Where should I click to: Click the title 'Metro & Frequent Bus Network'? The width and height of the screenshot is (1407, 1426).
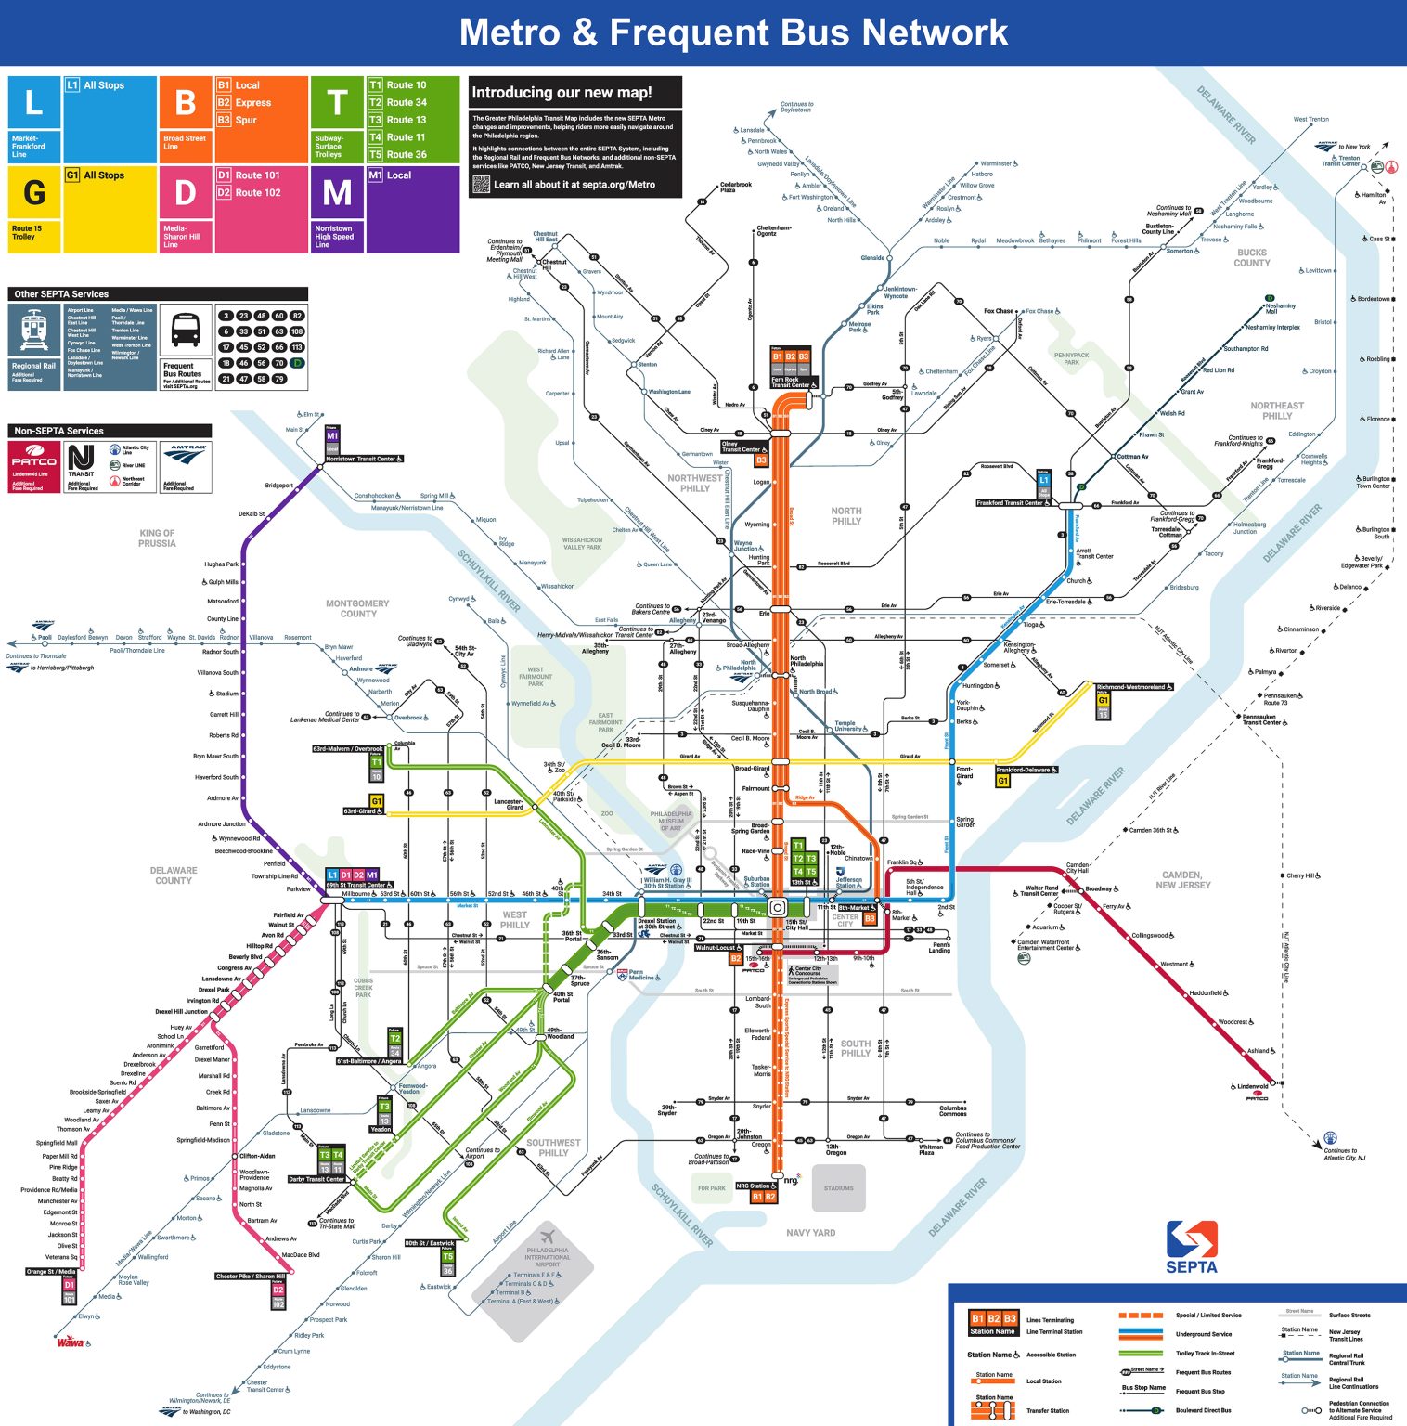[733, 32]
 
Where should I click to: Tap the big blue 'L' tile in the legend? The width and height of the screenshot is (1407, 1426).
[34, 103]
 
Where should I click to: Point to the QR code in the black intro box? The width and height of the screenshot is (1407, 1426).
[481, 184]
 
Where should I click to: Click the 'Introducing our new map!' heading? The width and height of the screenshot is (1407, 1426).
[562, 92]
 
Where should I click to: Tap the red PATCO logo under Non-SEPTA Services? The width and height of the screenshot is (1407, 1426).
[34, 461]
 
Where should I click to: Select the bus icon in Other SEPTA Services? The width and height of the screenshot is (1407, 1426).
[186, 329]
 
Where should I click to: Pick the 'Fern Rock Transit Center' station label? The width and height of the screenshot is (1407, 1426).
[793, 382]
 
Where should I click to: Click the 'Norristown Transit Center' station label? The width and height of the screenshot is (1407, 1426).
[364, 459]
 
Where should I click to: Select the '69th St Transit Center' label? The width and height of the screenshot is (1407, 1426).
[358, 885]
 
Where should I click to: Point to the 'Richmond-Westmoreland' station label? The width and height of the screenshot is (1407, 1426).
[1133, 687]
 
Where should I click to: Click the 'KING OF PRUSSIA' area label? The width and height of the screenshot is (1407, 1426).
[157, 538]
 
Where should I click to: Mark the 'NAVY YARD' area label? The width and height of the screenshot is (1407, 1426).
[810, 1233]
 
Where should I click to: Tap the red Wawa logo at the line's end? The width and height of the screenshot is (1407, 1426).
[71, 1342]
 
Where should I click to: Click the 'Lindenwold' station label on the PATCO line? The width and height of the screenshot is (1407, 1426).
[1252, 1086]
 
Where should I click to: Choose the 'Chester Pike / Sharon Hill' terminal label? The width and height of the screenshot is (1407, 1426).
[251, 1276]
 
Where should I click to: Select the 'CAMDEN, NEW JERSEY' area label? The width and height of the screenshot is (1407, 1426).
[1181, 880]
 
